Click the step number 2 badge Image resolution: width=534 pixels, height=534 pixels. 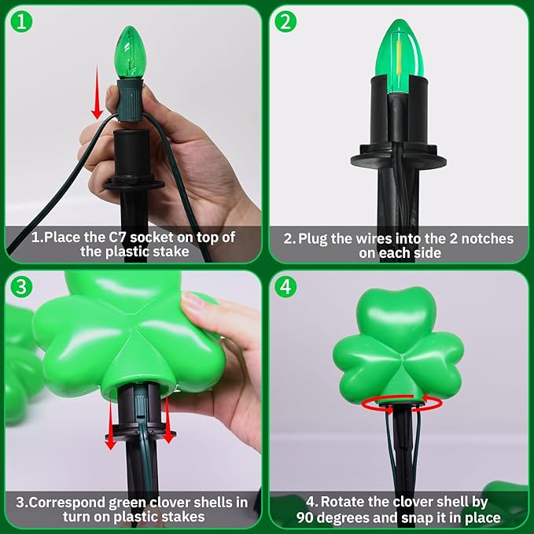[x=287, y=21]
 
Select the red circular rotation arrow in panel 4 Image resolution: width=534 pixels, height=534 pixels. [x=402, y=403]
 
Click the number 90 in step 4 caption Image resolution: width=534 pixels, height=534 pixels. [x=308, y=517]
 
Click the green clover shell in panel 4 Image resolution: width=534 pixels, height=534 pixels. [x=399, y=346]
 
